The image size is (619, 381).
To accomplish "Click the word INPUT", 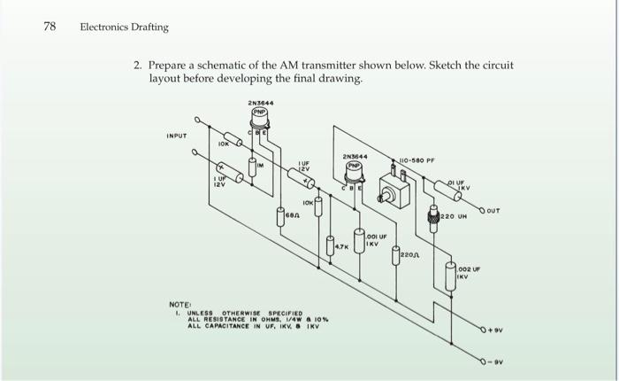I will pos(178,136).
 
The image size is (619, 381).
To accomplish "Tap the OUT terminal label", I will pos(493,212).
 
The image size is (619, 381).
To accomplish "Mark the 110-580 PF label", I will pos(419,161).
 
